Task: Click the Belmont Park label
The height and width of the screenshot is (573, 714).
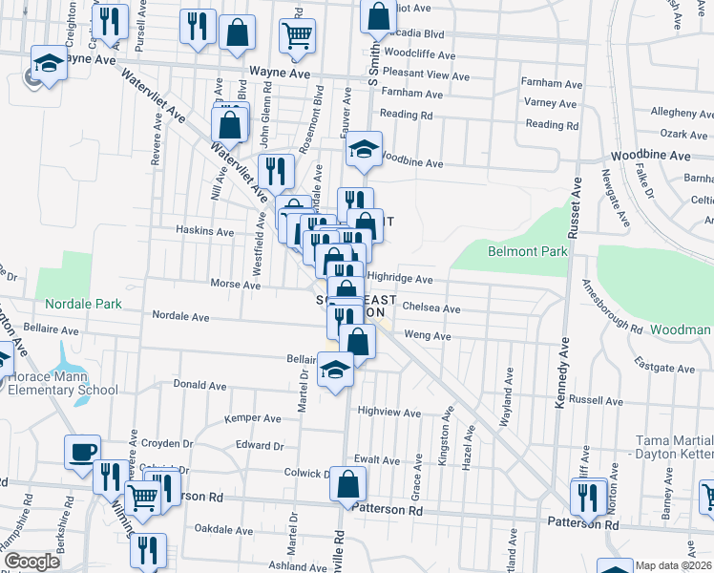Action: coord(527,252)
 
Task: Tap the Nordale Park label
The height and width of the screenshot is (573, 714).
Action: coord(83,304)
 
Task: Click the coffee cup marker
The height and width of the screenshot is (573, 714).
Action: coord(82,451)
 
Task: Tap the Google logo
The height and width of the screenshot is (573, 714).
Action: coord(31,562)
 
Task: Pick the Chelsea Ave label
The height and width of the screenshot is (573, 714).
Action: coord(431,309)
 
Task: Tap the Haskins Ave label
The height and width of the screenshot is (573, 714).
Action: coord(205,231)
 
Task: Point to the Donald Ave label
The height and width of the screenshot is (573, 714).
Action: coord(199,385)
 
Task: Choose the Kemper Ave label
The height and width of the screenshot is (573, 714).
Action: coord(252,418)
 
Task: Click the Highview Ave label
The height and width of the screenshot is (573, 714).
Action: coord(388,413)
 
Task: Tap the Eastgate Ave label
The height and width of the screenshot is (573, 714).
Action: coord(664,367)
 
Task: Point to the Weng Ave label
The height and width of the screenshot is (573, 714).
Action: coord(428,336)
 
